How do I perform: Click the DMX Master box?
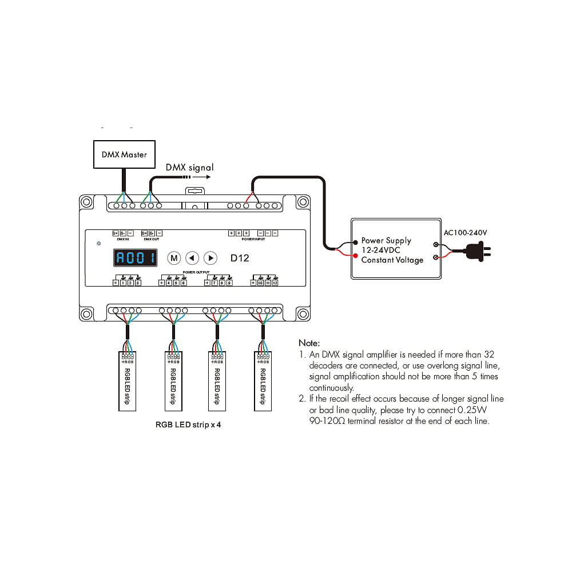[124, 154]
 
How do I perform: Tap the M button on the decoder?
[174, 258]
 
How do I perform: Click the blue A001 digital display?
[135, 258]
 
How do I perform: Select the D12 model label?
[240, 258]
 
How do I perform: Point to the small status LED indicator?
[99, 244]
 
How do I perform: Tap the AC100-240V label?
[464, 233]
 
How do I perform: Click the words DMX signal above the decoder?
[189, 168]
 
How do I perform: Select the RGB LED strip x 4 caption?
[188, 425]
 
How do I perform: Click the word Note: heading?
[309, 343]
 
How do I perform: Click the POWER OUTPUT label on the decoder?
[196, 272]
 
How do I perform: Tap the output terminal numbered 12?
[275, 283]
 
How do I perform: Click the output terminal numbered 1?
[123, 283]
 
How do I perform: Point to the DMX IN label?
[123, 239]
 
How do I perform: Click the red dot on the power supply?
[356, 251]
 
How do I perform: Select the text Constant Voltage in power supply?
[392, 260]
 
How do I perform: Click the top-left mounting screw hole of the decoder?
[86, 202]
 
